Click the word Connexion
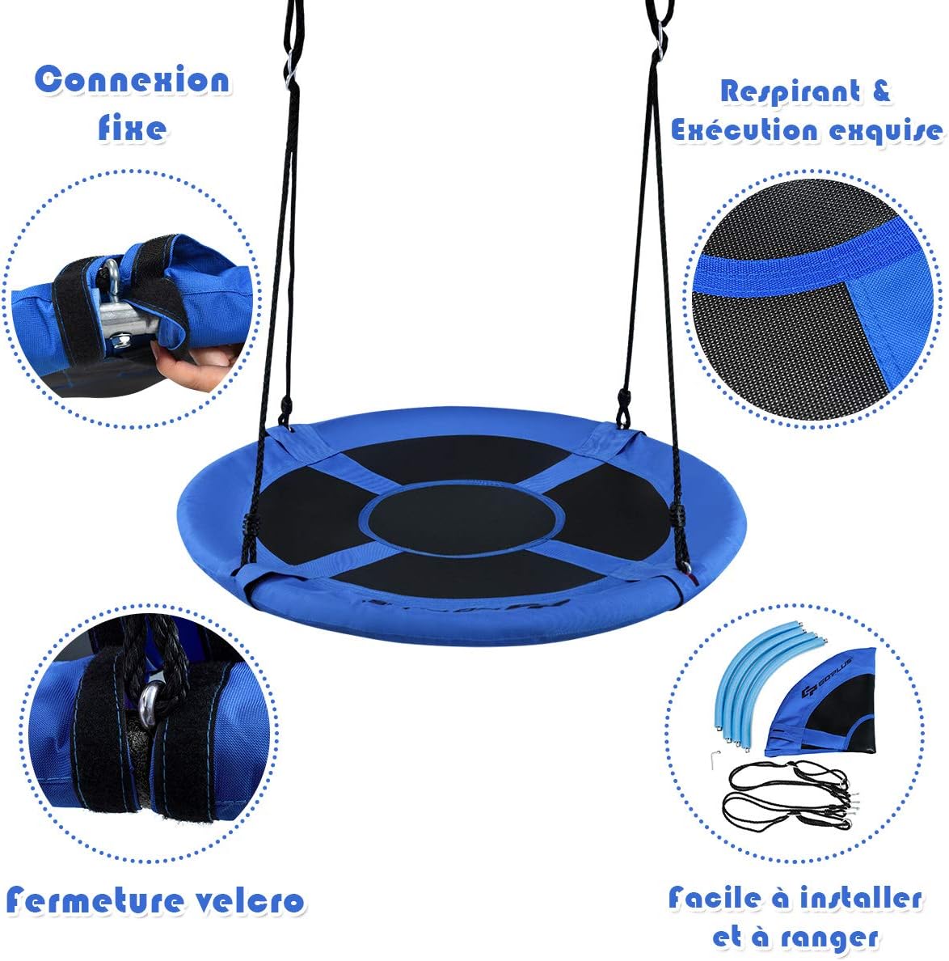pos(133,80)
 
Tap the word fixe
pos(133,128)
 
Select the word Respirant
pos(791,92)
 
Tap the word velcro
pos(250,901)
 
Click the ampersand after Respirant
pos(881,91)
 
